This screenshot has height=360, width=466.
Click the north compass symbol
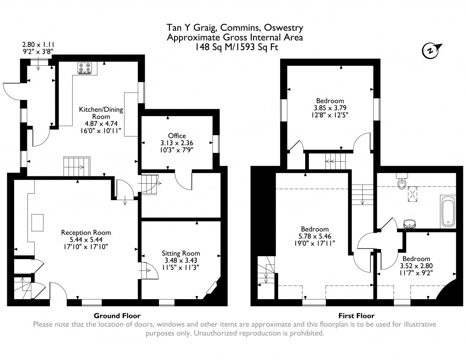point(431,50)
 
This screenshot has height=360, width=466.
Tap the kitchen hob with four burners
point(85,68)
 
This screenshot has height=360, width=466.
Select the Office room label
point(177,136)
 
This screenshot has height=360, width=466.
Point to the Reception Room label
point(86,233)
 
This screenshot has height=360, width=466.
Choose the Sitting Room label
point(180,253)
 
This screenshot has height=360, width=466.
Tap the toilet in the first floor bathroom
point(402,182)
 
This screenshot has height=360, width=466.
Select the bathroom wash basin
point(410,223)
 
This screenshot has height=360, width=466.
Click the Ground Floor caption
point(117,316)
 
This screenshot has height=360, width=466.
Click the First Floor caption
point(356,316)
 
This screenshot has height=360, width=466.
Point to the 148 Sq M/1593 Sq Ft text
point(235,47)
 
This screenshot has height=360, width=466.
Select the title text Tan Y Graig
point(185,28)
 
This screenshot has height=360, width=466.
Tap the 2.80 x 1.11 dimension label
point(38,45)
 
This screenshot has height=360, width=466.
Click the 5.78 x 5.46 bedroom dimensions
point(314,237)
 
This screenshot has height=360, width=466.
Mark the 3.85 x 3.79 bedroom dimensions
point(330,108)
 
